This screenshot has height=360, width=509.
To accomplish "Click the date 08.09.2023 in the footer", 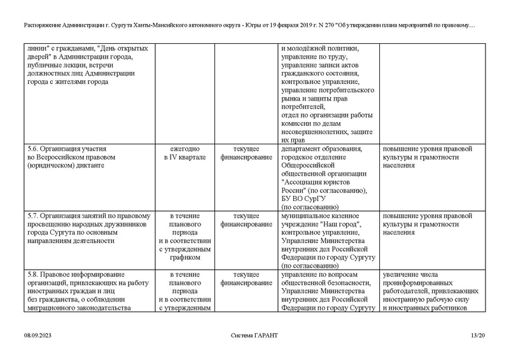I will pos(37,335).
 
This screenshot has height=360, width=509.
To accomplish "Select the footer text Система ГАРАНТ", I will pos(254,335).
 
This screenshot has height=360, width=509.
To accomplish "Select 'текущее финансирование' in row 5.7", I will pos(242,219).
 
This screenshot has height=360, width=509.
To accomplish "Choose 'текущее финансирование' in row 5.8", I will pos(242,278).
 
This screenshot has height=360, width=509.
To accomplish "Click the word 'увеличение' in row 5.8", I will pos(403,274).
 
